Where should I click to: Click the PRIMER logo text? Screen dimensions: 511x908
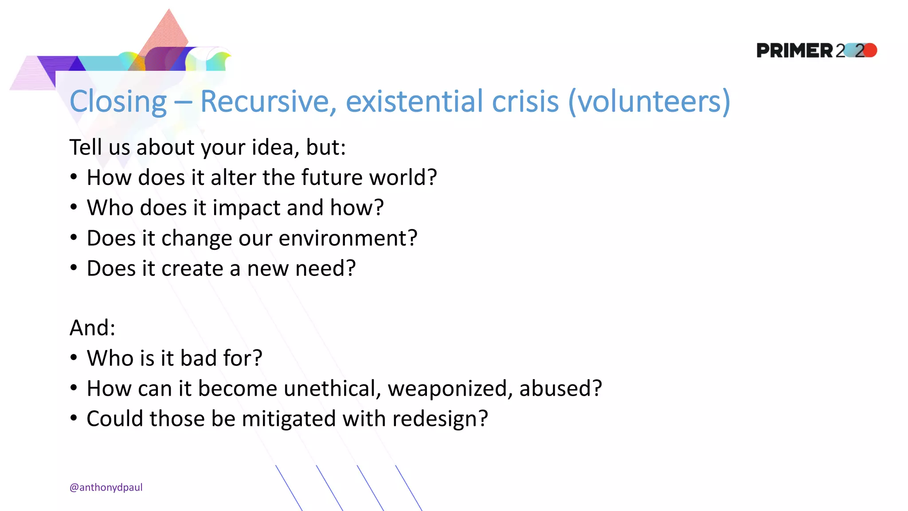point(794,51)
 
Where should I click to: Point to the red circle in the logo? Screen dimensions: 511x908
point(870,50)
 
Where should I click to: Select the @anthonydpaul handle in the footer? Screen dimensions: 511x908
point(106,487)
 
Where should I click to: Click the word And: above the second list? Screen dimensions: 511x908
point(92,328)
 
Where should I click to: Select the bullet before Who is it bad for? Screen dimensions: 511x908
point(74,358)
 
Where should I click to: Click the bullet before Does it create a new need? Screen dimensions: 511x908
point(74,267)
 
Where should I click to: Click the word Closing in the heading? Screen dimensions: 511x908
point(118,101)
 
